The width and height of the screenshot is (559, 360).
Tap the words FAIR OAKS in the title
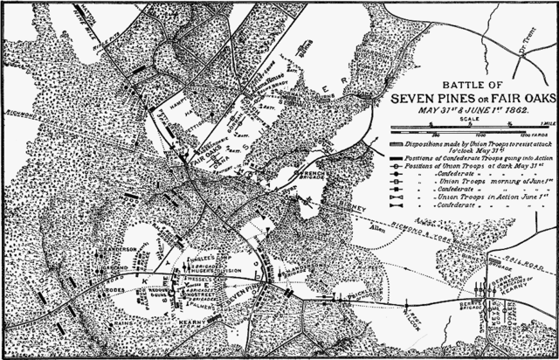[521, 100]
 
